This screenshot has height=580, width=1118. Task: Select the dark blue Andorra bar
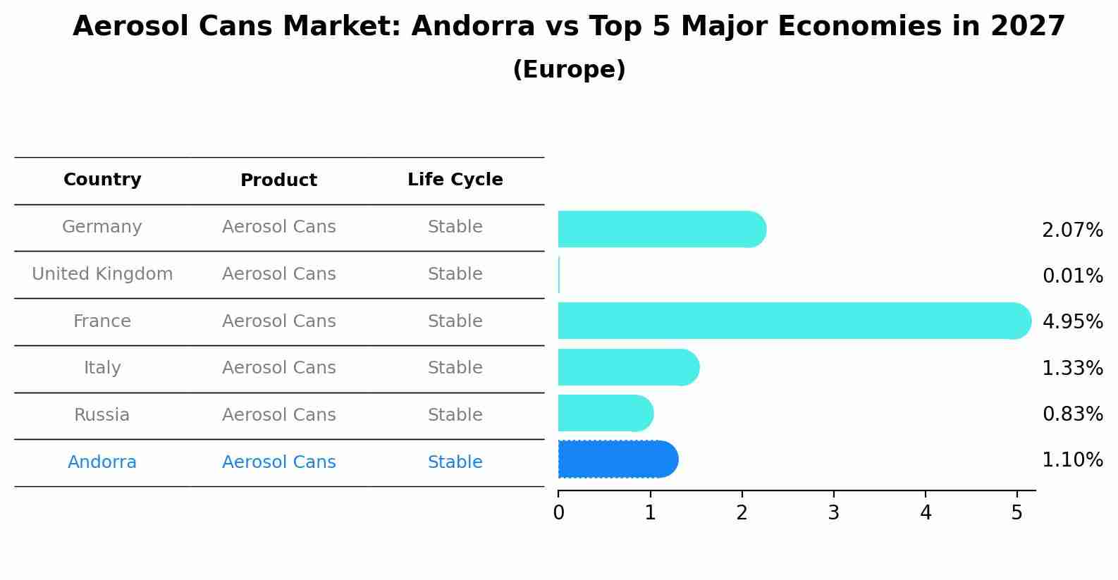618,459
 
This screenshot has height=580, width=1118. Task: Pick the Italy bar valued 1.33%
628,367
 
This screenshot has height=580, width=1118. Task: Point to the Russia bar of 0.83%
606,413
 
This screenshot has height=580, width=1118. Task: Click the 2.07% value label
1072,230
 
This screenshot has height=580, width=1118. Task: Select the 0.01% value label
1072,276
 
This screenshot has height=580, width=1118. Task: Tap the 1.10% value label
1072,460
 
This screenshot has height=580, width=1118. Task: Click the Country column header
102,180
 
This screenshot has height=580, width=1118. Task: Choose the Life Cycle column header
455,180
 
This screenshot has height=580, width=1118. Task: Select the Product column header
278,180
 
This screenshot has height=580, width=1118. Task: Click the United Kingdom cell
102,274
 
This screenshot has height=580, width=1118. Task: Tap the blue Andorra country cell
102,462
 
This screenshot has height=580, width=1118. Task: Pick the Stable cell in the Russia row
455,415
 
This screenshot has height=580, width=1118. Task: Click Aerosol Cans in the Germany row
278,227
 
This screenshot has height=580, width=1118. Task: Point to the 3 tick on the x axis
833,513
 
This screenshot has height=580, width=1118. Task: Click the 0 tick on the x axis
558,513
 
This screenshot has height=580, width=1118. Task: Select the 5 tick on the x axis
1016,513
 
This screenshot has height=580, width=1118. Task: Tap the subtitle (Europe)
569,70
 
